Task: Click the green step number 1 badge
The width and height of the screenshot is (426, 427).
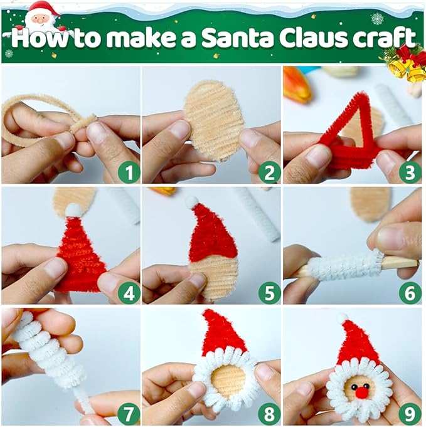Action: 128,171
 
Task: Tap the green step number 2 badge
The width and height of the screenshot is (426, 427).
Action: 269,171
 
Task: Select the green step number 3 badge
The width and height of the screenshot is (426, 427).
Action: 409,171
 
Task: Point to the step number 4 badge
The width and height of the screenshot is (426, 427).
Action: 128,292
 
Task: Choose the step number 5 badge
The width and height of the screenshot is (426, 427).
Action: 269,292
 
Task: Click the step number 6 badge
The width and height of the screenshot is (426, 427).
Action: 409,292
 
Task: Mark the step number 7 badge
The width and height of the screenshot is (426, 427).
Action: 128,413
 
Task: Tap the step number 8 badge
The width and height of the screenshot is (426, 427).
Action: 269,413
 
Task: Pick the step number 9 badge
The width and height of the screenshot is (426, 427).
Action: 409,413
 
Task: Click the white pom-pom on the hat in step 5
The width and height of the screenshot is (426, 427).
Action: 191,202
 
